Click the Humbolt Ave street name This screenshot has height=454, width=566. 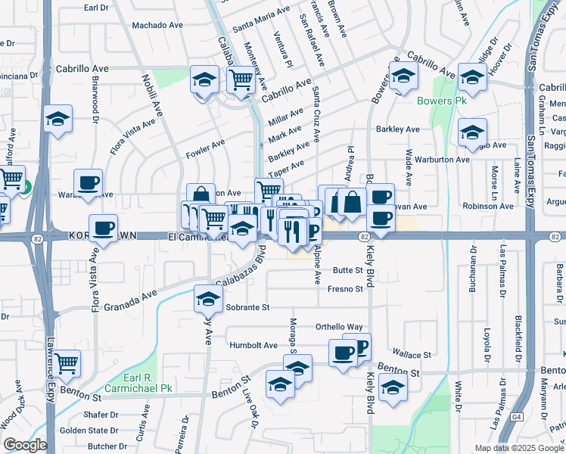253,345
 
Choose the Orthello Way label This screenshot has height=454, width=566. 339,327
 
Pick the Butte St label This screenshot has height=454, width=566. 348,270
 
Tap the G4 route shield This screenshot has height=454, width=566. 516,416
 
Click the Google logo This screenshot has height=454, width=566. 24,445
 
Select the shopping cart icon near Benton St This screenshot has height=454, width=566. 67,363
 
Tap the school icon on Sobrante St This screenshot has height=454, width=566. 207,297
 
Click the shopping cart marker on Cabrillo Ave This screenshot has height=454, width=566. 240,78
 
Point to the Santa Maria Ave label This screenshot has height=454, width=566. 262,20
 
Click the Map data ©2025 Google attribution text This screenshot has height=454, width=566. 518,448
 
